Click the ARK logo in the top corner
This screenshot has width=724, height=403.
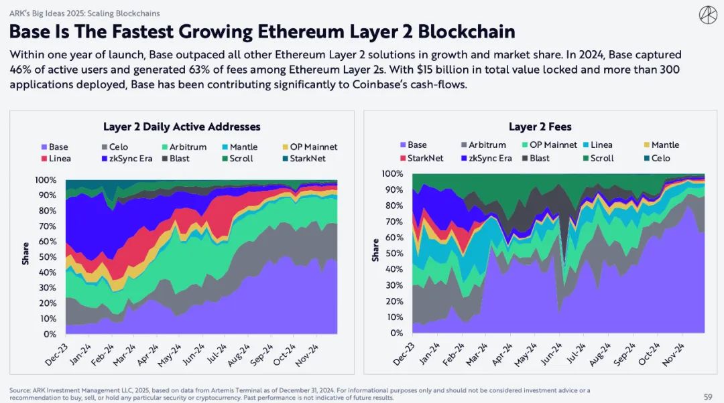click(707, 14)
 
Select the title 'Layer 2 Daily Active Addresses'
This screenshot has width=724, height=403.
click(182, 127)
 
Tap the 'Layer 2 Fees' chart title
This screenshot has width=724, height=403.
click(540, 127)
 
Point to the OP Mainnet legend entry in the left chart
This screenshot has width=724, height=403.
click(309, 147)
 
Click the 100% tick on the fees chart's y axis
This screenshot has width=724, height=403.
click(392, 174)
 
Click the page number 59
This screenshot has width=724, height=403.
click(708, 396)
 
